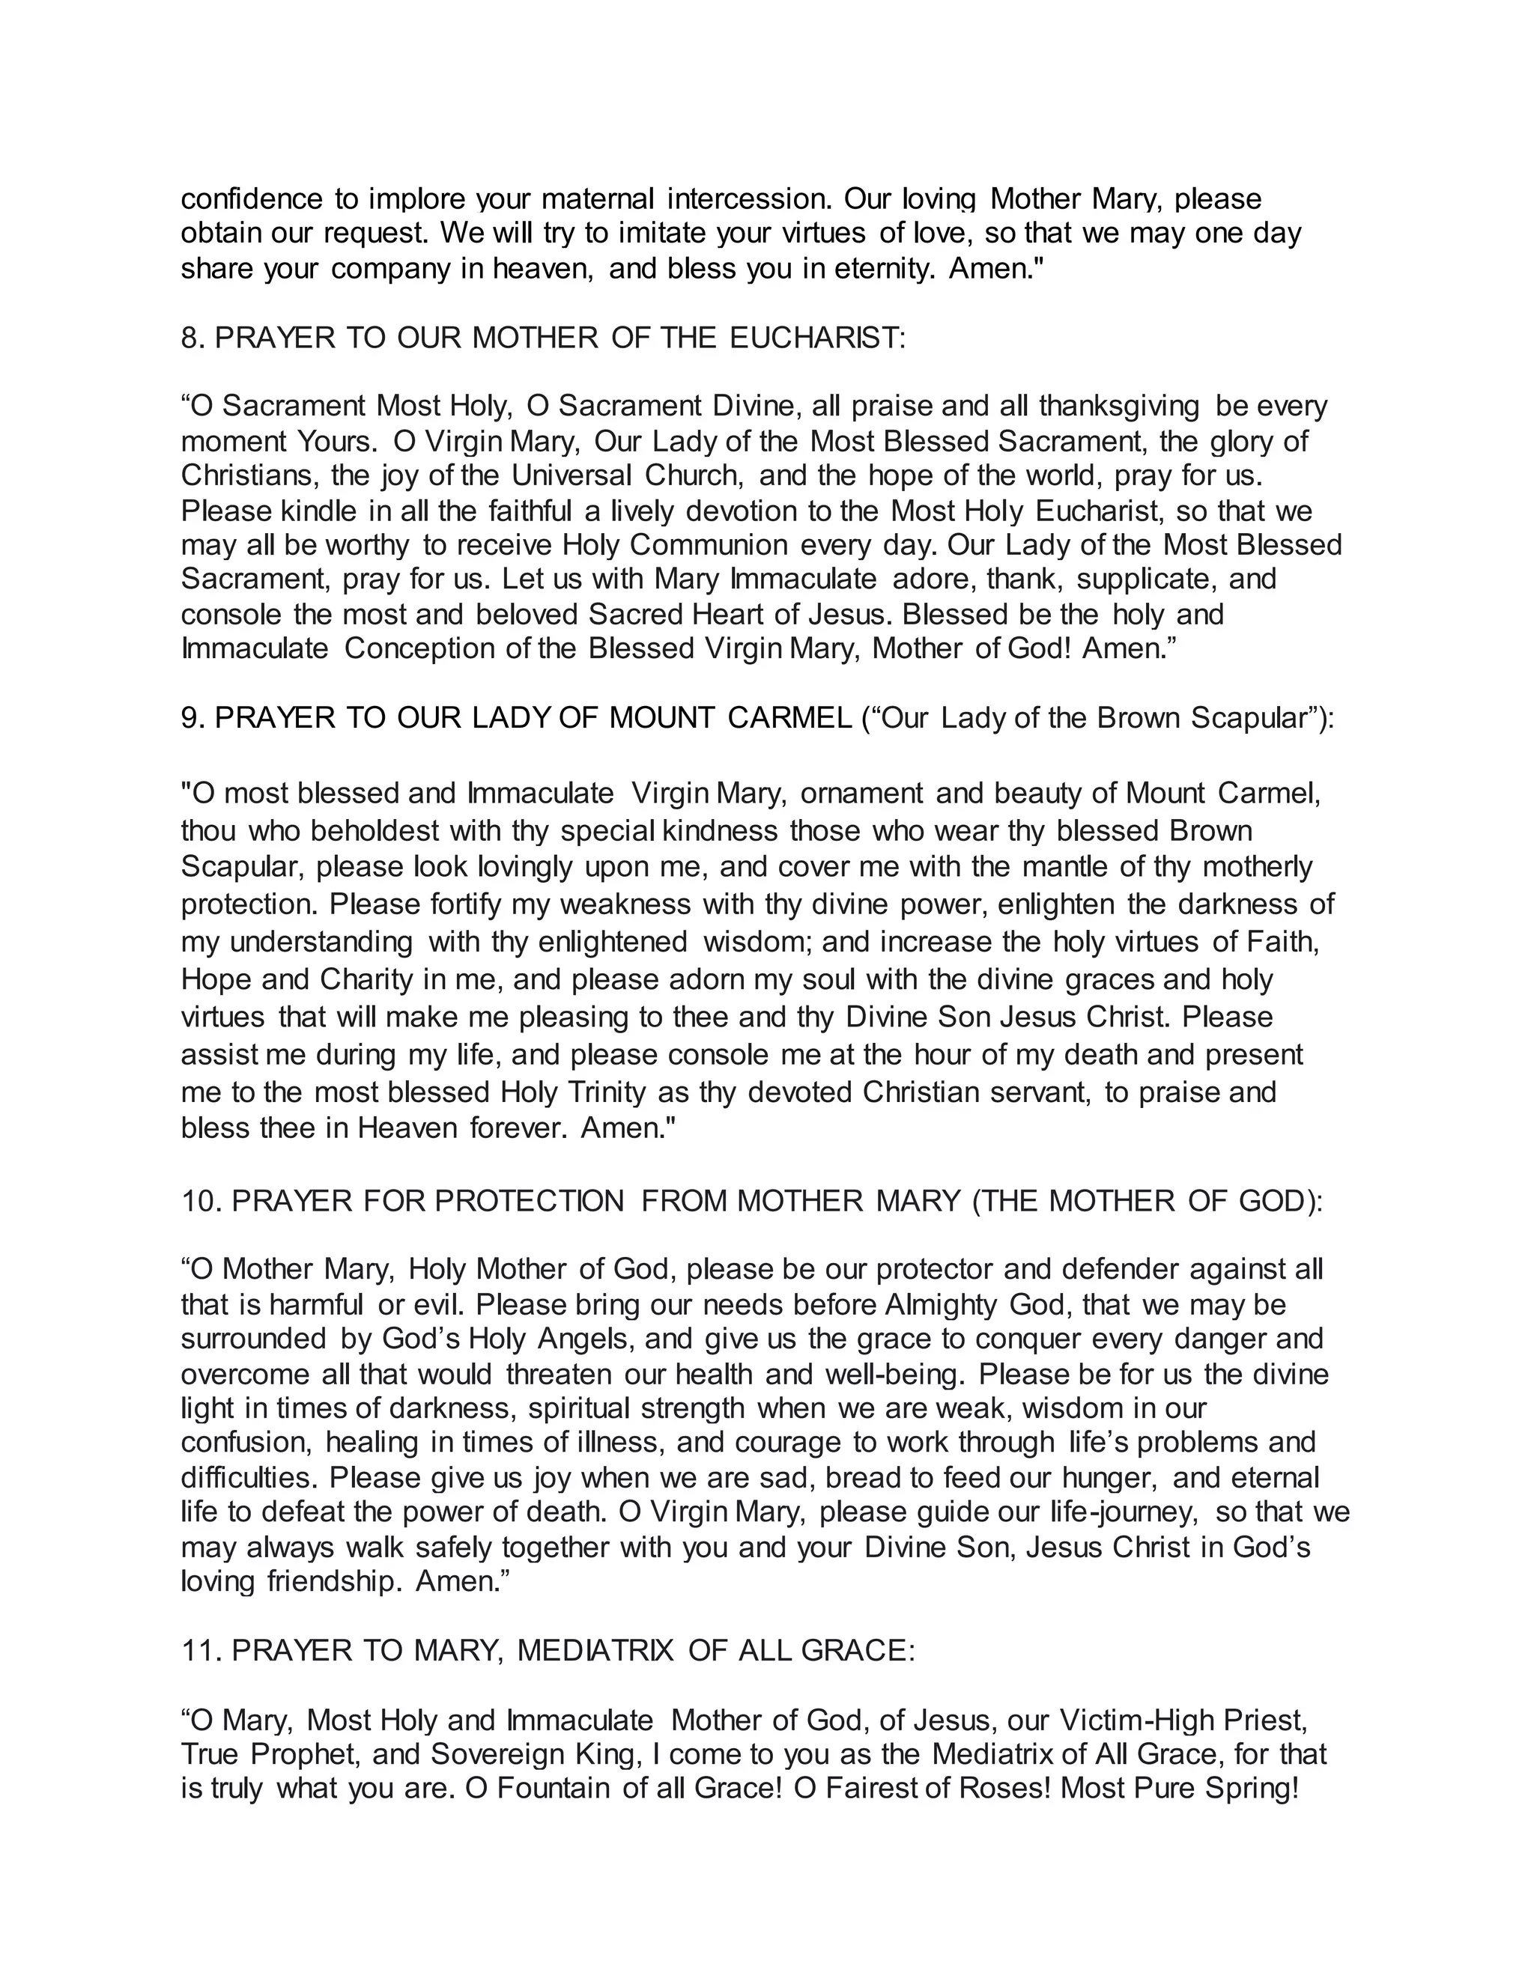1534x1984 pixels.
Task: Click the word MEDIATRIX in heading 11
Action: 595,1649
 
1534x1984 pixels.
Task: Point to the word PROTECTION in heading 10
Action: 530,1201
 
